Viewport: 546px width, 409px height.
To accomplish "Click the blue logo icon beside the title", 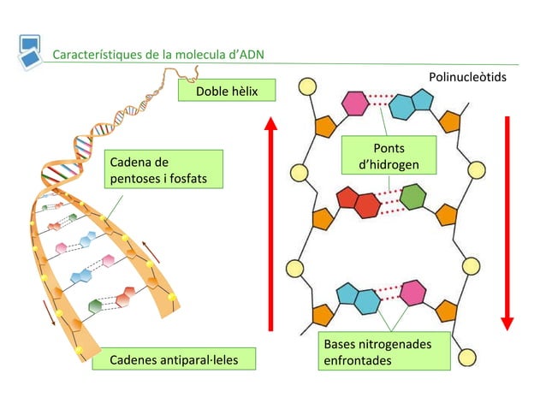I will (x=30, y=50).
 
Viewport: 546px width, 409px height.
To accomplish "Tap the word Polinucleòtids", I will (x=467, y=78).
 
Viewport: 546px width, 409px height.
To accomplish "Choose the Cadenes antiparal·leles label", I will (x=171, y=359).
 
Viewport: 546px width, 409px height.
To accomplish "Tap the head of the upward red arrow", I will (x=271, y=124).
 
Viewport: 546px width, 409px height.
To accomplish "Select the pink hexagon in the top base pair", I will (x=354, y=104).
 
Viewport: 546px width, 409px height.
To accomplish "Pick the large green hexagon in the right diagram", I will (x=414, y=198).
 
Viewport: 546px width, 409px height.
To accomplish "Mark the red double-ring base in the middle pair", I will (x=359, y=202).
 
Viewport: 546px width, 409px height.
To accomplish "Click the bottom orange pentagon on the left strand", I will (x=323, y=315).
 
